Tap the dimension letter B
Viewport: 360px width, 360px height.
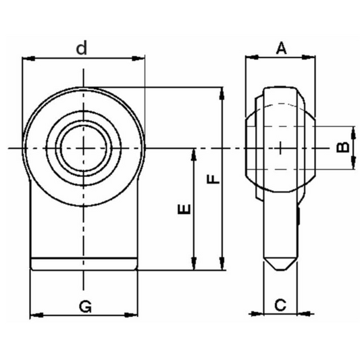(x=342, y=146)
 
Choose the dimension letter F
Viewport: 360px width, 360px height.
(x=211, y=180)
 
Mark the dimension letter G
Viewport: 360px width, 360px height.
(x=85, y=306)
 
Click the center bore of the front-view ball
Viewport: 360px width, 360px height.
(x=83, y=147)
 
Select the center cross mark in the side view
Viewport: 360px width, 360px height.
(x=280, y=147)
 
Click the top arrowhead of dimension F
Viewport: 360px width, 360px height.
(x=222, y=91)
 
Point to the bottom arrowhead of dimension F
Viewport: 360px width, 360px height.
(x=222, y=267)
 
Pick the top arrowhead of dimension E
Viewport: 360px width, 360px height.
(x=195, y=152)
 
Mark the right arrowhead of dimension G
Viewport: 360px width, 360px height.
(x=136, y=315)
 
